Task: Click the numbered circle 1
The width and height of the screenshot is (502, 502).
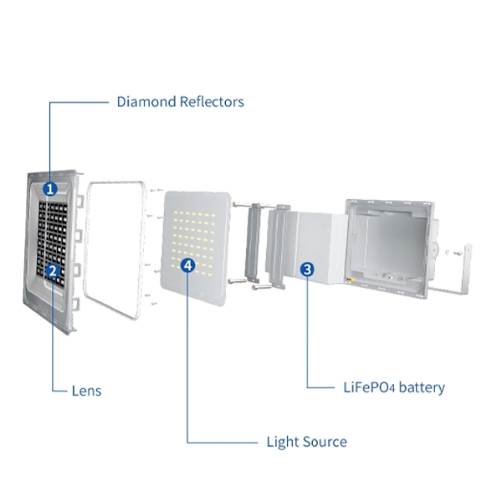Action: (50, 189)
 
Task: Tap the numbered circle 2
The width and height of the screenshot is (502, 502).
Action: (52, 270)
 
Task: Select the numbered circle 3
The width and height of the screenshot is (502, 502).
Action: (307, 269)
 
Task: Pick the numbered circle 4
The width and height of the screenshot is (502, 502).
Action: (188, 265)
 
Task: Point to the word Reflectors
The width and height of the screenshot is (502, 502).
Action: (213, 102)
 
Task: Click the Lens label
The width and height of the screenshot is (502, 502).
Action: (86, 391)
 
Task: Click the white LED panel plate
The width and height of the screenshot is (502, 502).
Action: (197, 243)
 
